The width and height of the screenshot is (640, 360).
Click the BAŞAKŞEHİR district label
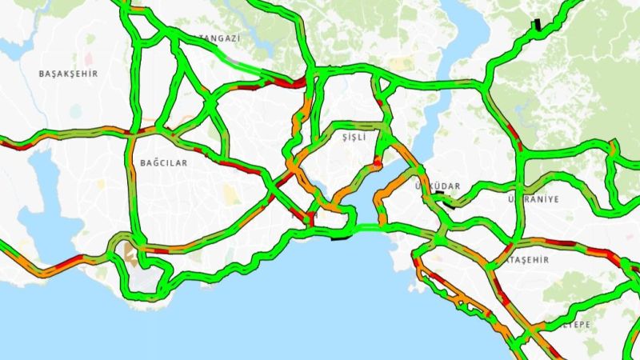click(68, 74)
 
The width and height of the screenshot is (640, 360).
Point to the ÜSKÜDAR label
click(438, 186)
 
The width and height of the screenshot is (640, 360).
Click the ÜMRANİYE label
click(534, 198)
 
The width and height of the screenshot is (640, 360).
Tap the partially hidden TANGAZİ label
click(218, 38)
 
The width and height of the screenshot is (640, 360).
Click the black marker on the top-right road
click(536, 25)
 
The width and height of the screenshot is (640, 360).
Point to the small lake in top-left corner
click(12, 48)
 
